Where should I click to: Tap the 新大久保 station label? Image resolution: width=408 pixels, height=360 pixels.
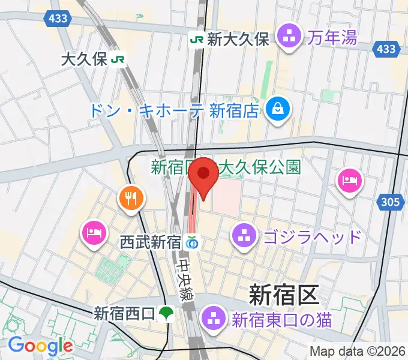point(238,40)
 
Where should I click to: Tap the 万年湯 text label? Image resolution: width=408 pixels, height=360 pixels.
point(332,39)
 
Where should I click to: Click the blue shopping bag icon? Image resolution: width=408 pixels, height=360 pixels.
point(278,110)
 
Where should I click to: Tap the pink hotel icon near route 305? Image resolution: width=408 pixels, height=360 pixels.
point(349,181)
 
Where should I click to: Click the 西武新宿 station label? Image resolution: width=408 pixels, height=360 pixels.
point(151,243)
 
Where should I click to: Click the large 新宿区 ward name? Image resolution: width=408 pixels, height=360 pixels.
point(282,295)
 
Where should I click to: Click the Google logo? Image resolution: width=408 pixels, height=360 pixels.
point(40,346)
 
